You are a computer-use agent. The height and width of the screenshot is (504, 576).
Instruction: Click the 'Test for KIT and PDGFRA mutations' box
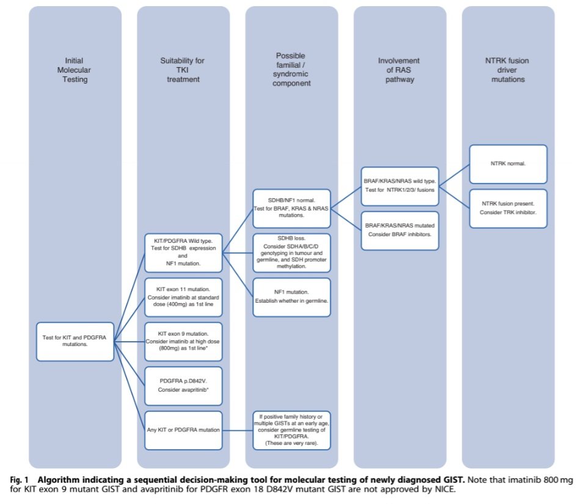[x=75, y=340]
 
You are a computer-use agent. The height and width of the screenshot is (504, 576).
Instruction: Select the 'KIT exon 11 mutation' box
[x=183, y=297]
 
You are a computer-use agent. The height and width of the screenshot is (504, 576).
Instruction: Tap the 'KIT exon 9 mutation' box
[x=183, y=340]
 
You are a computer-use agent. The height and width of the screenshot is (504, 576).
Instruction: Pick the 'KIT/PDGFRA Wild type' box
[x=183, y=252]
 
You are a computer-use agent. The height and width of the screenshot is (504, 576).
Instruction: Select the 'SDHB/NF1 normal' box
[x=291, y=208]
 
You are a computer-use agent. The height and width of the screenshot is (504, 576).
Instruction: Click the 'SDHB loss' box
[x=291, y=252]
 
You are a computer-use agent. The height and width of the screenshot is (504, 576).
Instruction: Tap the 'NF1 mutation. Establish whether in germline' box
[x=291, y=297]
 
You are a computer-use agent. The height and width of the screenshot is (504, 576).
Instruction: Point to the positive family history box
[x=291, y=430]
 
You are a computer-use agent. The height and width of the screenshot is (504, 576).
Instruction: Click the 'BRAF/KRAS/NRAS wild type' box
[x=399, y=186]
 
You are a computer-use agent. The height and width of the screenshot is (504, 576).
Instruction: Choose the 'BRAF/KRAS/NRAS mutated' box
[x=399, y=230]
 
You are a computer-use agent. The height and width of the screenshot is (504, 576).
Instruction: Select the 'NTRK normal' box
[x=508, y=164]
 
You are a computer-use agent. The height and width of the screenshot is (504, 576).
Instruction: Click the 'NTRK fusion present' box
[x=508, y=208]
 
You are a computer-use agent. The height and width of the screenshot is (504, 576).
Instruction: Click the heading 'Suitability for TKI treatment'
[x=183, y=71]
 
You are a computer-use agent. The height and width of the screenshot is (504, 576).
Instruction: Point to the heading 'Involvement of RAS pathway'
[x=399, y=71]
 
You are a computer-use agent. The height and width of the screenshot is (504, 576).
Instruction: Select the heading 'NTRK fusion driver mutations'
[x=508, y=71]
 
